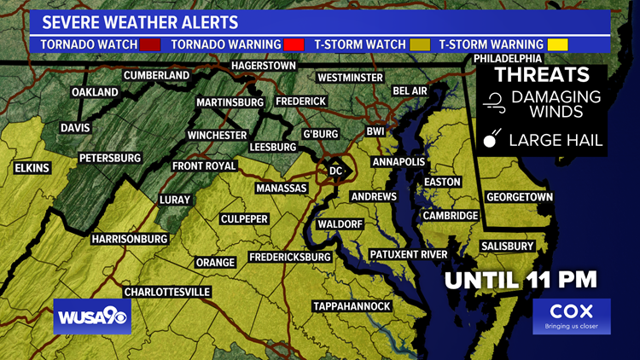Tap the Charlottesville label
pyautogui.click(x=167, y=292)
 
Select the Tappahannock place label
pyautogui.click(x=352, y=306)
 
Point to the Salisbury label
pyautogui.click(x=507, y=247)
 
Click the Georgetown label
pyautogui.click(x=520, y=197)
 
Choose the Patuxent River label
pyautogui.click(x=408, y=254)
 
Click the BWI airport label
pyautogui.click(x=375, y=131)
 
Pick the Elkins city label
pyautogui.click(x=32, y=168)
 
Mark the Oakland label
pyautogui.click(x=94, y=91)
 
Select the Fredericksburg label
pyautogui.click(x=289, y=257)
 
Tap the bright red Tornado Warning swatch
pyautogui.click(x=294, y=44)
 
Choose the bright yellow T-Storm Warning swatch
pyautogui.click(x=558, y=44)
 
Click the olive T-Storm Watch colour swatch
pyautogui.click(x=419, y=44)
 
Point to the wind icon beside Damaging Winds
pyautogui.click(x=492, y=104)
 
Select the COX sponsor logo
pyautogui.click(x=572, y=316)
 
